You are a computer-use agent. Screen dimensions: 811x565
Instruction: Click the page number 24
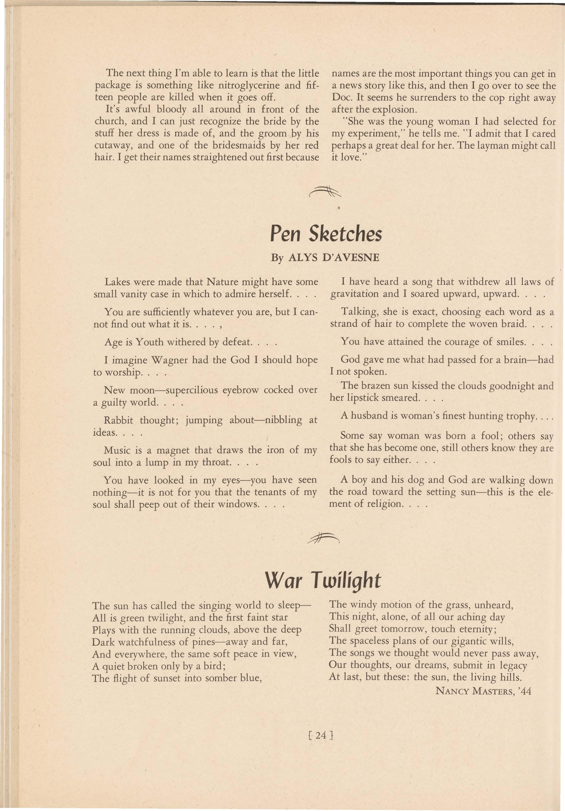[321, 735]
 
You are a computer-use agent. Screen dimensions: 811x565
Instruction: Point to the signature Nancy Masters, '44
[483, 690]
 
